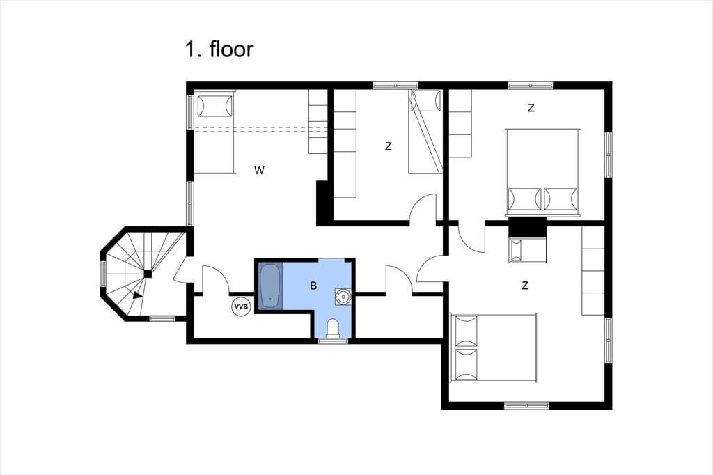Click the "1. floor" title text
219,49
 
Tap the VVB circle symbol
241,306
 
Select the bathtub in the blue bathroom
270,286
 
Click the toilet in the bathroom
333,329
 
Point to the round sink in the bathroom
343,296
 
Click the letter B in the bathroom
313,286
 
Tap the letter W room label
259,170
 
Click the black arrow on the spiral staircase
138,295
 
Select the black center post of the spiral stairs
148,274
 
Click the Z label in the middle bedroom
388,146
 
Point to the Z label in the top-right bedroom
531,108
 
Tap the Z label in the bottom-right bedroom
525,286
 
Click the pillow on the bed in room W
214,106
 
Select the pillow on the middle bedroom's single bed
425,100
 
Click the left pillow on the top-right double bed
525,199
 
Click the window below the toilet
333,341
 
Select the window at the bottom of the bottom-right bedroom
526,405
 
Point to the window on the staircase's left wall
103,274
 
